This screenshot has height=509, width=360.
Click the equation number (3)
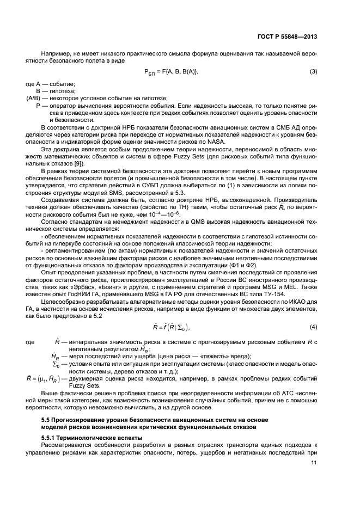click(314, 72)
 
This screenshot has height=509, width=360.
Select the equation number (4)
click(314, 327)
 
